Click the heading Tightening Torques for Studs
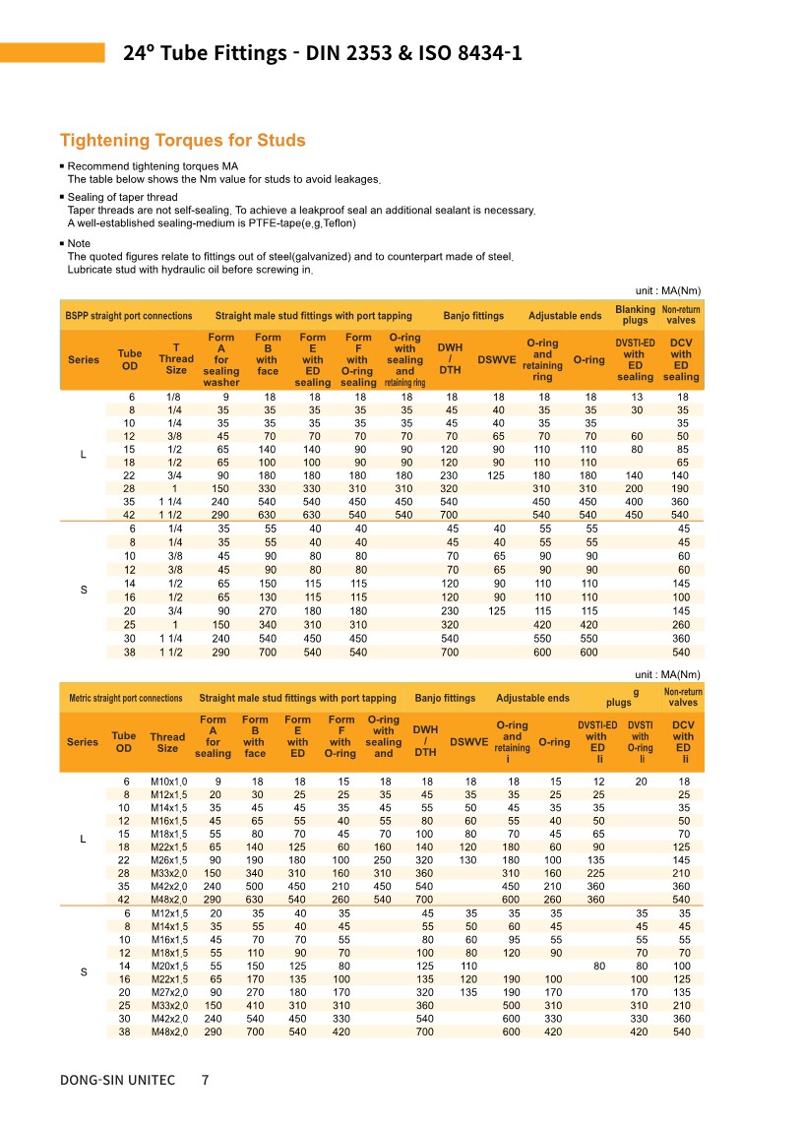[x=182, y=141]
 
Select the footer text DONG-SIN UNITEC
[x=117, y=1080]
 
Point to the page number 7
[x=205, y=1080]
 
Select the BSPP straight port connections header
[x=128, y=316]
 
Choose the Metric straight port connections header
[x=125, y=698]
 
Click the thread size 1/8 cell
[x=174, y=396]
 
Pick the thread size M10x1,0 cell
[x=168, y=782]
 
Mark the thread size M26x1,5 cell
[x=168, y=860]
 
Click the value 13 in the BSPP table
[x=635, y=396]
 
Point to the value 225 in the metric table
[x=597, y=873]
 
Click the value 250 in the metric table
[x=384, y=860]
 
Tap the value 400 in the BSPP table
[x=635, y=501]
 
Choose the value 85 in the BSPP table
[x=681, y=449]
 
